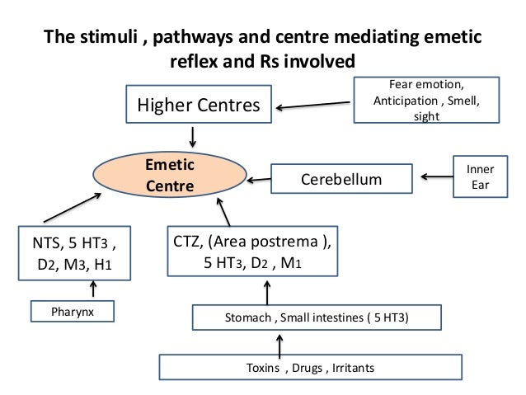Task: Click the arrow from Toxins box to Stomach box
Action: pos(280,343)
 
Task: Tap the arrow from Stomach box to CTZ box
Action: pos(266,290)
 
